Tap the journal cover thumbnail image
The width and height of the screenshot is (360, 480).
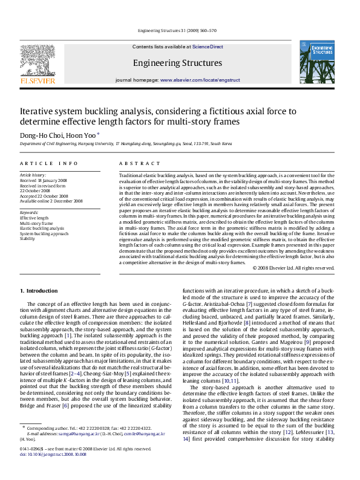tap(316, 62)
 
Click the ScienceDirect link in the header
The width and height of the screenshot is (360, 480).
tap(208, 47)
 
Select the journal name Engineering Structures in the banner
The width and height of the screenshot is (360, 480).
tap(177, 63)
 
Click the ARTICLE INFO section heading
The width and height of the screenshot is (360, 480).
tap(49, 164)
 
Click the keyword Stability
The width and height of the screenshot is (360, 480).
tap(27, 239)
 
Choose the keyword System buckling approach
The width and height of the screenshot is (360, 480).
tap(44, 233)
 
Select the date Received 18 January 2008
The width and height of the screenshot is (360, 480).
tap(44, 180)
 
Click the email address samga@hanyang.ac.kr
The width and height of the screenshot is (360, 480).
tap(76, 433)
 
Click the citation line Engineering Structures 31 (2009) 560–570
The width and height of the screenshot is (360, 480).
tap(177, 31)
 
